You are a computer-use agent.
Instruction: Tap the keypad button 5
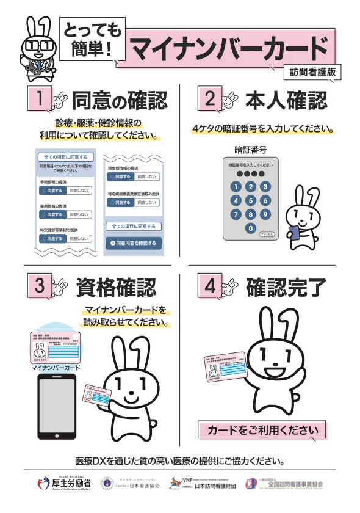[x=250, y=200]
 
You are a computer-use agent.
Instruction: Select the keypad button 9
[x=265, y=214]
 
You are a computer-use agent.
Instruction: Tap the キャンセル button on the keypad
[x=267, y=233]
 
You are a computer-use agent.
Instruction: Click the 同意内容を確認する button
[x=132, y=242]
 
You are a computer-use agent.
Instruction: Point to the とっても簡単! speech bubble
[x=90, y=38]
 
